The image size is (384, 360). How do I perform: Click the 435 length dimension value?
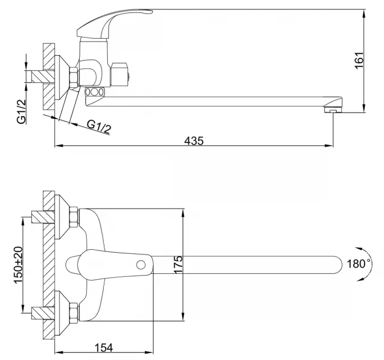(x=193, y=141)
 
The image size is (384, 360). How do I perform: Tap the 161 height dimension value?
(x=359, y=60)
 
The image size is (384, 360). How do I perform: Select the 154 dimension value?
(x=104, y=348)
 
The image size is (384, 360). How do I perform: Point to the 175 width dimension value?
(x=178, y=264)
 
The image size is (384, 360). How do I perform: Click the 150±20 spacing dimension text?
(x=18, y=265)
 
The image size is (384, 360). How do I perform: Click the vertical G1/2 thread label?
(x=21, y=111)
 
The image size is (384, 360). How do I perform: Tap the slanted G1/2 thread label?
(x=98, y=127)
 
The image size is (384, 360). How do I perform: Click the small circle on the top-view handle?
(x=141, y=265)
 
